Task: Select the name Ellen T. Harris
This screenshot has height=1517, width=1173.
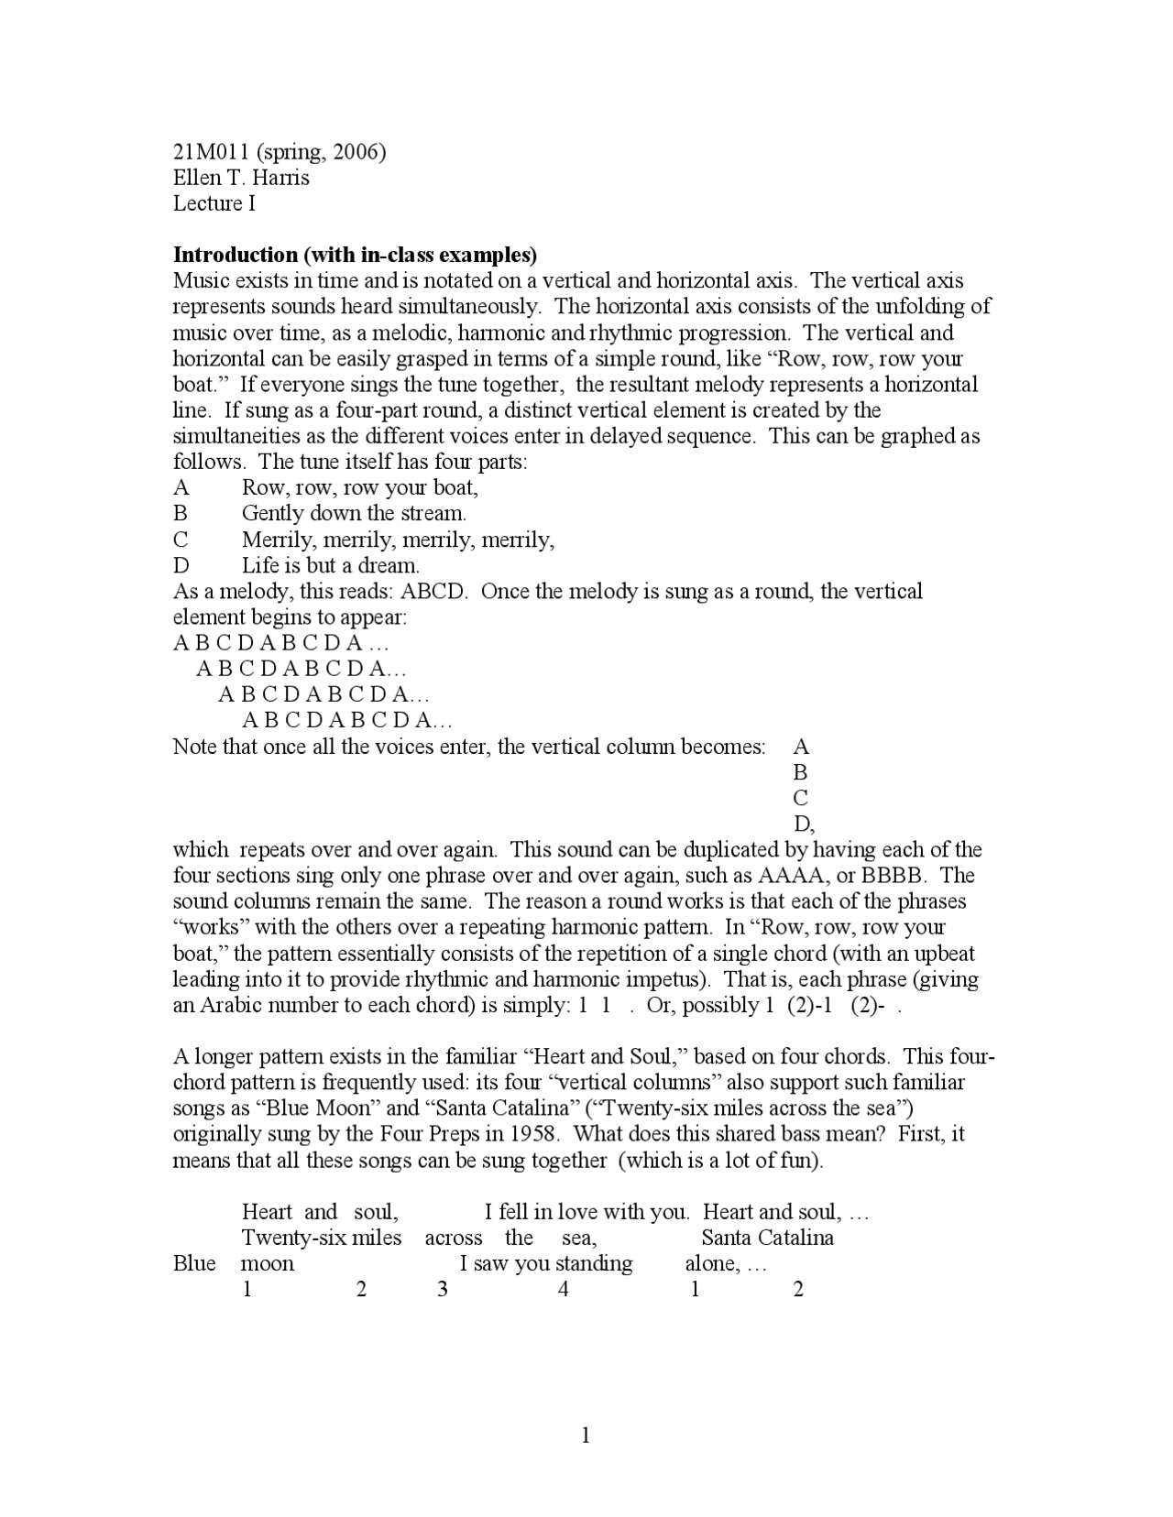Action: [x=241, y=178]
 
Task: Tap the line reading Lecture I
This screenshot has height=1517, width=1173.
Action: [x=214, y=203]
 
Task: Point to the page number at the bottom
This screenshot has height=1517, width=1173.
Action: [x=586, y=1435]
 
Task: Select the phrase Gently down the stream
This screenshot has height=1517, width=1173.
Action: [x=354, y=513]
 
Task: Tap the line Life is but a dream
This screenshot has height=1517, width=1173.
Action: [x=330, y=565]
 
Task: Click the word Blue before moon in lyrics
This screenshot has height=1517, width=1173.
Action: [x=194, y=1264]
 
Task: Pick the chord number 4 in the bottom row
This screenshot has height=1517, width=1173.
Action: [x=564, y=1290]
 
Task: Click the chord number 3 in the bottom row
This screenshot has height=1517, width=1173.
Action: [x=443, y=1290]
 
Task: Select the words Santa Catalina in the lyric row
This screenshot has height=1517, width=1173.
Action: [x=767, y=1239]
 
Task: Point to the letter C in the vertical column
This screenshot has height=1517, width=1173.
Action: [x=801, y=798]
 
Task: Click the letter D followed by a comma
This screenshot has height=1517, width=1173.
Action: [x=804, y=824]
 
